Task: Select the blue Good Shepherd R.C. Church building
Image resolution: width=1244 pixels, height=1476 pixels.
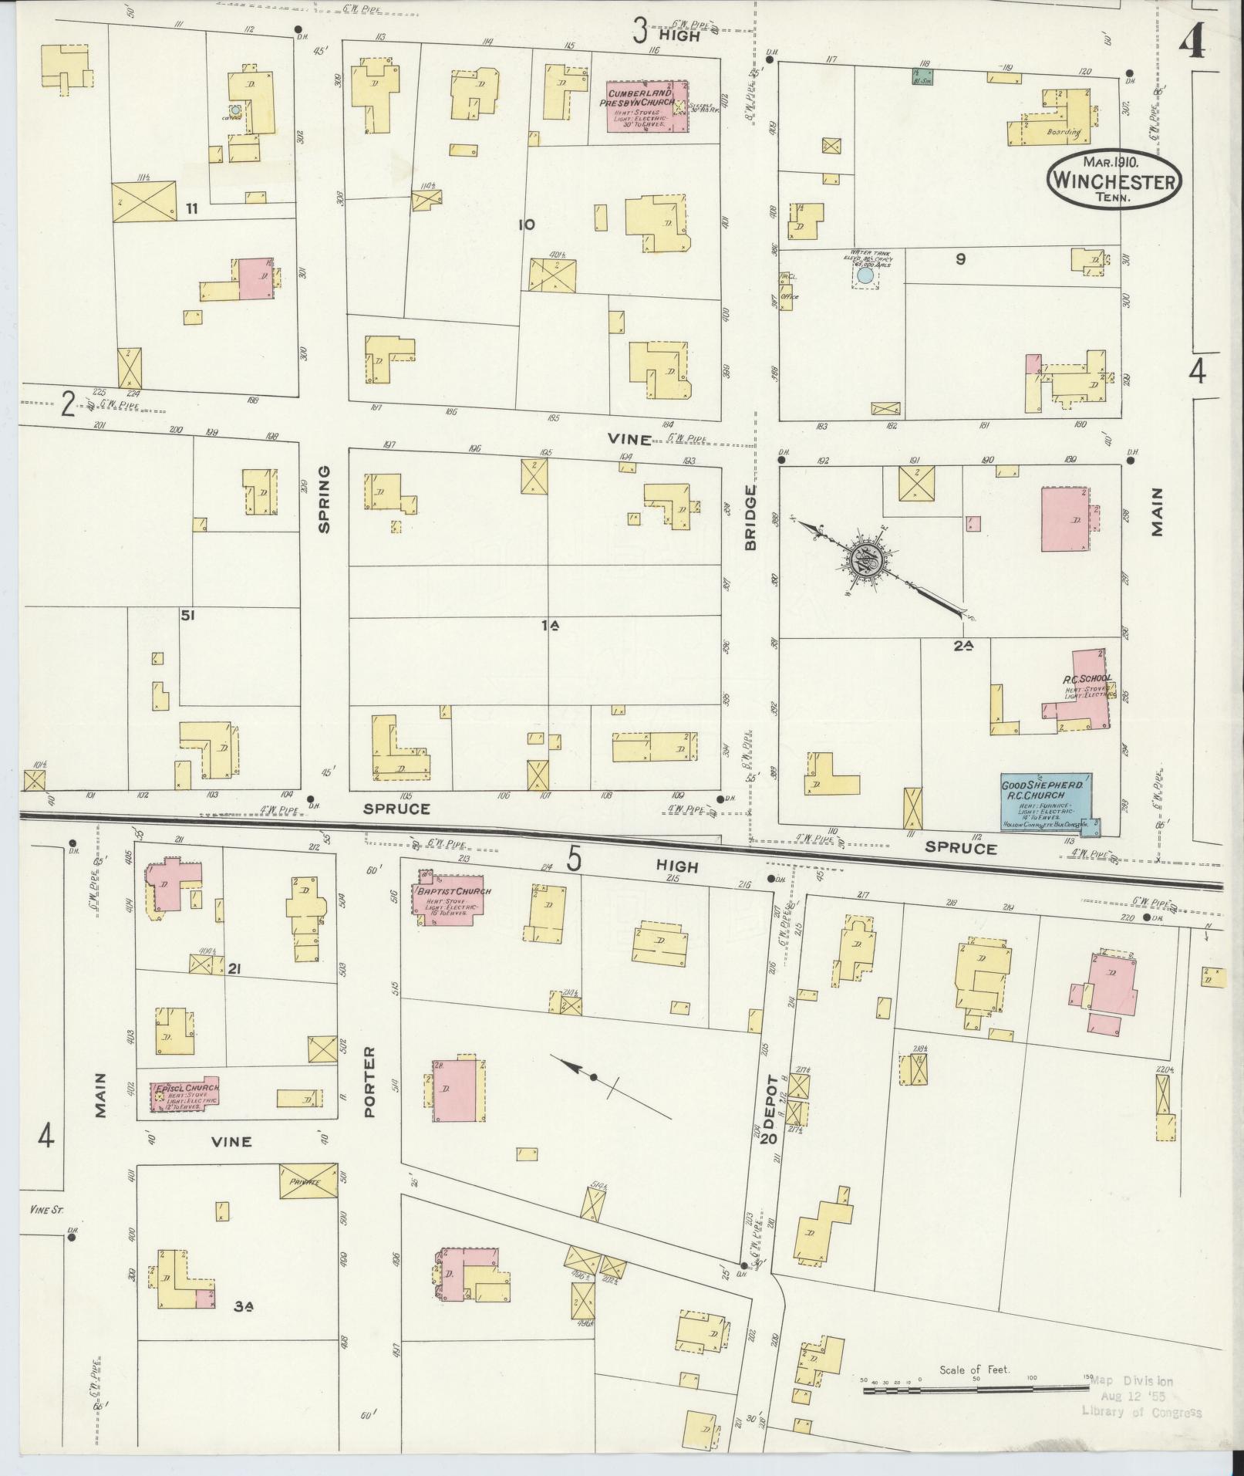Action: [x=1046, y=802]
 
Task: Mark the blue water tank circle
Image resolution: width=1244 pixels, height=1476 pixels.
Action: [x=865, y=274]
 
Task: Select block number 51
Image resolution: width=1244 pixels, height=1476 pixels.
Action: [x=187, y=615]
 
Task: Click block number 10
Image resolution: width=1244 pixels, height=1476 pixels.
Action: [x=526, y=225]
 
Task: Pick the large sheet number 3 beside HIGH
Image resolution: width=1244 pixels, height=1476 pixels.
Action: [x=639, y=32]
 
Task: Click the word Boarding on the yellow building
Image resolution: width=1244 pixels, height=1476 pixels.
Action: [x=1064, y=132]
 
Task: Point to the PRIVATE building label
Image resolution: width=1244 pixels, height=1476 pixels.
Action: [x=308, y=1203]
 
